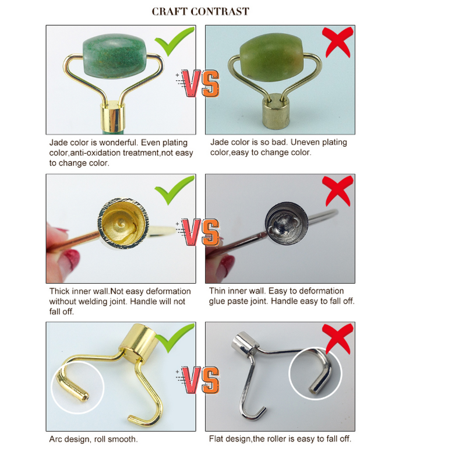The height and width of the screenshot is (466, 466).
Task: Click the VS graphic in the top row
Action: point(200,83)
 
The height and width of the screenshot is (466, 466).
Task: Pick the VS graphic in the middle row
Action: point(200,231)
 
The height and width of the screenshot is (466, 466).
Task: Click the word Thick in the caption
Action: point(59,291)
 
